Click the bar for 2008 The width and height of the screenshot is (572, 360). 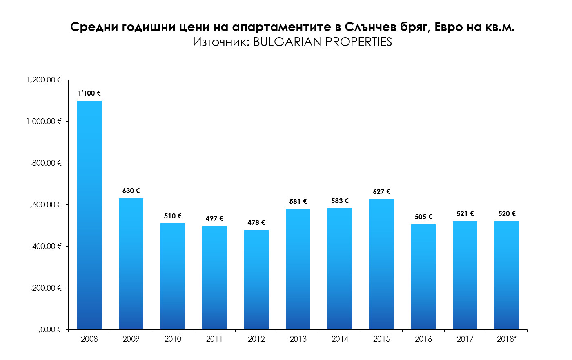click(89, 215)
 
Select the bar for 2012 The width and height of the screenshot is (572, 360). click(256, 280)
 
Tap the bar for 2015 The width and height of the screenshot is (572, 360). click(382, 264)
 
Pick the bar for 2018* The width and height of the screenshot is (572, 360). click(507, 275)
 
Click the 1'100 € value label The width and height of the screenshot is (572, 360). click(89, 93)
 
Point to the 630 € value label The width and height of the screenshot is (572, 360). click(131, 191)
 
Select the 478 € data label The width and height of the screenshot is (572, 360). click(256, 222)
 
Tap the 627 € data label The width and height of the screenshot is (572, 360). click(382, 191)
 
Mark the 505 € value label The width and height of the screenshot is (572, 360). click(423, 217)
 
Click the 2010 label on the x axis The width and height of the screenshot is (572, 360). click(173, 339)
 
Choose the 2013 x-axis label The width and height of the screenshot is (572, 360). click(298, 339)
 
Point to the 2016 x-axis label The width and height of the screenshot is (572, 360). click(423, 339)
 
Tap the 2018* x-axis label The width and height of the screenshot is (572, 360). click(507, 339)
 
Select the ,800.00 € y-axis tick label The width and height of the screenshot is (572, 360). click(46, 163)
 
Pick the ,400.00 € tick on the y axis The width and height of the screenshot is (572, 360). click(46, 246)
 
